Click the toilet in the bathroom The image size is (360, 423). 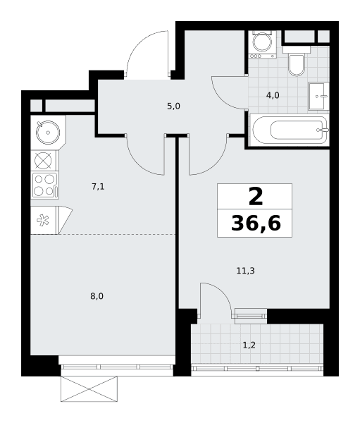tap(297, 61)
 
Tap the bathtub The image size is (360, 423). tap(290, 130)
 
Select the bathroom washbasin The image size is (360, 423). tap(318, 96)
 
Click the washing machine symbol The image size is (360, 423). tap(263, 44)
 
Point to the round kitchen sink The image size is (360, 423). tap(48, 133)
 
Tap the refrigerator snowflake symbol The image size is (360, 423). tap(43, 220)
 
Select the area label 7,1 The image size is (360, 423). tap(98, 186)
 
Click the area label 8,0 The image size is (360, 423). tap(97, 297)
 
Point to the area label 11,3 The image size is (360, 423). tap(245, 271)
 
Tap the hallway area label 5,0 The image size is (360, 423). tap(173, 106)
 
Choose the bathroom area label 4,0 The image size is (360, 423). tap(273, 95)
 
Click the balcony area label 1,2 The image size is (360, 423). tap(249, 345)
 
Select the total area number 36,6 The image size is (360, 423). tap(256, 223)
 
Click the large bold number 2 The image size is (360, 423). tap(256, 197)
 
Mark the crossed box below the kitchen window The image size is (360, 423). tap(89, 389)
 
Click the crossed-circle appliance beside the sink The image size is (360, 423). tap(43, 161)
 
